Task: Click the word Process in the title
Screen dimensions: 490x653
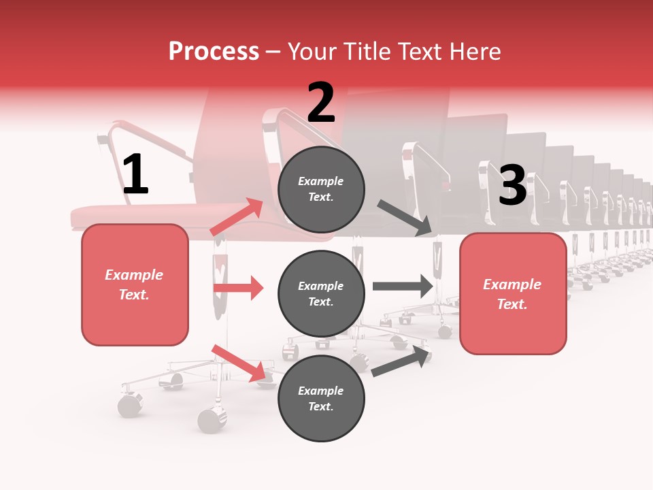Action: click(x=214, y=52)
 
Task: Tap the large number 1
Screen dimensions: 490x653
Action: click(x=135, y=174)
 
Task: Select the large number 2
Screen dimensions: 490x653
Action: click(x=321, y=103)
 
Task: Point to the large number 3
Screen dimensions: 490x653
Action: click(x=512, y=185)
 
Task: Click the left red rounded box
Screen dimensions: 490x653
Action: click(x=135, y=284)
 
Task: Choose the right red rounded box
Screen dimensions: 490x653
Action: click(x=513, y=294)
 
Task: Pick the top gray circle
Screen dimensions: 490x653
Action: click(x=321, y=189)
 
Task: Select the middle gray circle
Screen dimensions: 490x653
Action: click(x=321, y=293)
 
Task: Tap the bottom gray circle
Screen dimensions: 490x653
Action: click(x=321, y=398)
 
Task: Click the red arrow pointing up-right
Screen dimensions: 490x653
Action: click(x=236, y=217)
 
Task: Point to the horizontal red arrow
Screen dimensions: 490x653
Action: click(x=238, y=288)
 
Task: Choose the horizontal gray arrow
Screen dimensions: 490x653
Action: click(x=403, y=287)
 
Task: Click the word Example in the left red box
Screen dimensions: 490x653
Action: click(x=134, y=275)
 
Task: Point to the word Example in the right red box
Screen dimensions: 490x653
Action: click(x=512, y=284)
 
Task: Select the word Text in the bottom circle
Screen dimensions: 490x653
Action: click(x=320, y=406)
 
